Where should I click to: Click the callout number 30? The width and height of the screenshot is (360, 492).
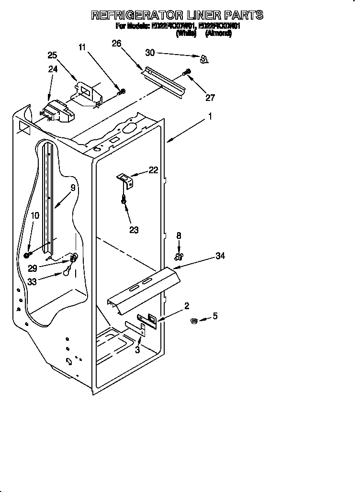coord(150,53)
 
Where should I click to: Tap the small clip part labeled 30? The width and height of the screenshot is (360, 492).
coord(204,59)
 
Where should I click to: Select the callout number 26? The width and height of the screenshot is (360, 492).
coord(116,44)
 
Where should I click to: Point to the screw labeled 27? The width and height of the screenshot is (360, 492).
coord(187,73)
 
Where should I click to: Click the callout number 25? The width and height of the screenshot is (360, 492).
coord(52,55)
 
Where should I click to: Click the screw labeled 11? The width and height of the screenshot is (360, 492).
coord(122,91)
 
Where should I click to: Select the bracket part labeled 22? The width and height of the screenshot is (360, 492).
coord(126,180)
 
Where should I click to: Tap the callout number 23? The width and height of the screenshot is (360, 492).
coord(134,230)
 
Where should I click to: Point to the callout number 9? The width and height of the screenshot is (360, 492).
coord(73,188)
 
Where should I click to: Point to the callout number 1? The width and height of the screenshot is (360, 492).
coord(210,115)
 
